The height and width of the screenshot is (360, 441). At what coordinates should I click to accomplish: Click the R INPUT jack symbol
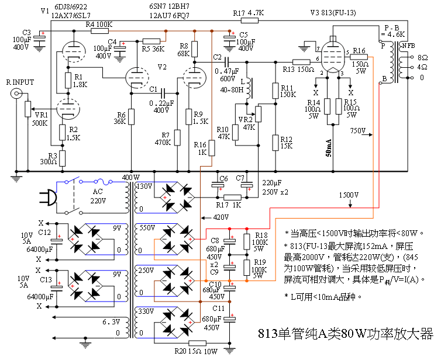20,93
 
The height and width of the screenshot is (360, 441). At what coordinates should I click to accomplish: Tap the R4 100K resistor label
99,25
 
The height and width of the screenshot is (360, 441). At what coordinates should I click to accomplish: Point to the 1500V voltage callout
349,194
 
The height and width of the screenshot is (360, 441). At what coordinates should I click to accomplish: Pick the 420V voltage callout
217,217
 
